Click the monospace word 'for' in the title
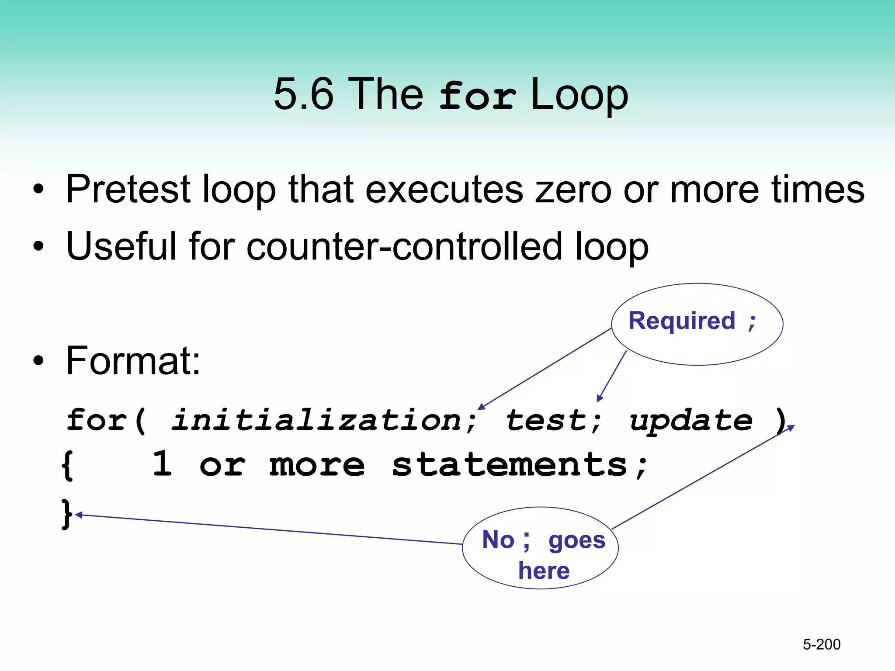(477, 96)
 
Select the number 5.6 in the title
(303, 94)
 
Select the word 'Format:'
(133, 361)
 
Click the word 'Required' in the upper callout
(682, 321)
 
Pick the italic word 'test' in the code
(546, 420)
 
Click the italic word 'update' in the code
(691, 421)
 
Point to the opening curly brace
(67, 466)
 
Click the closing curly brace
(66, 515)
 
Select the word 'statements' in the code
(510, 465)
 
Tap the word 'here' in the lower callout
(544, 571)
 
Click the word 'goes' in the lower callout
(577, 540)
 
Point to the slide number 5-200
(822, 644)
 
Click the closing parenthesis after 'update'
(780, 420)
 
